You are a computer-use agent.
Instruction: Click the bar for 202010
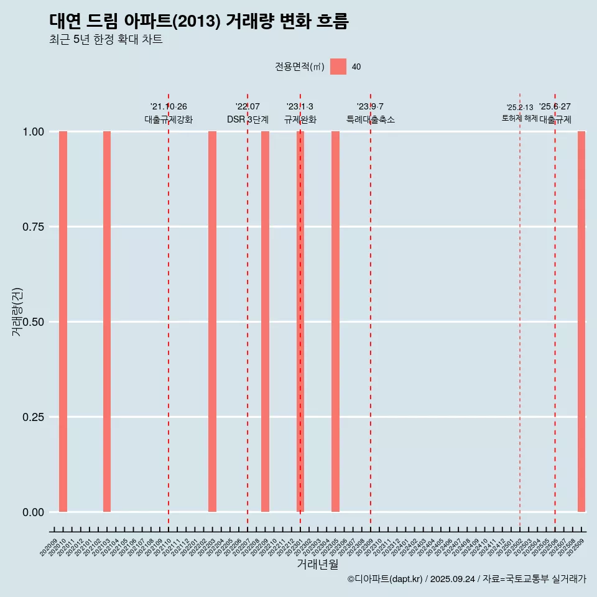[63, 322]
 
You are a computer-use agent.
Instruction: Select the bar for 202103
[107, 322]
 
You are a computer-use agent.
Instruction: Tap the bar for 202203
[212, 322]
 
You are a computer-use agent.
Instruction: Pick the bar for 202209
[265, 322]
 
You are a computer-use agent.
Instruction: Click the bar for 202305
[335, 322]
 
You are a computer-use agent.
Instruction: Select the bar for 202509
[581, 322]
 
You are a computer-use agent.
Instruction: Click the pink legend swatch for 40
[338, 67]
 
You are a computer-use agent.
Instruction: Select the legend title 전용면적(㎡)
[300, 67]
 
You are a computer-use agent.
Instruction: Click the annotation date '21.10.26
[169, 107]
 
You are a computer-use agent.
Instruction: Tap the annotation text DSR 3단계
[248, 119]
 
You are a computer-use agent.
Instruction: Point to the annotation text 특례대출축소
[371, 119]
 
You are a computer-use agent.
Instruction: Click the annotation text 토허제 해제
[520, 118]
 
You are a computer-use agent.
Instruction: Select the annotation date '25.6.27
[555, 107]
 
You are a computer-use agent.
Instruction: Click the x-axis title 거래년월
[317, 565]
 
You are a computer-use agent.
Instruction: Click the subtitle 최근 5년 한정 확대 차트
[106, 40]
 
